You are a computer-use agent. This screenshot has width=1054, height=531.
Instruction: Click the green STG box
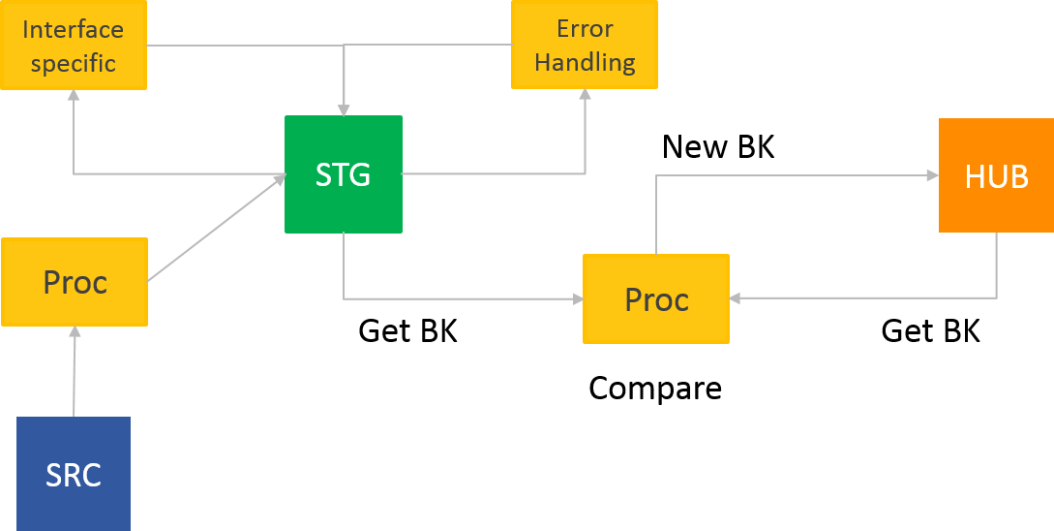tap(344, 174)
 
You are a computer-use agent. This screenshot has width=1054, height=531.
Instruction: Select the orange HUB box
tap(996, 175)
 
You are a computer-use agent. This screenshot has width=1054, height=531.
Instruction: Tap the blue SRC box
tap(74, 474)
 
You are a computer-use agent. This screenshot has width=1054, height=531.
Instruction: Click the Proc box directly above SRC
tap(75, 282)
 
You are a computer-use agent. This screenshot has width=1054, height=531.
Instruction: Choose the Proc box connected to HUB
tap(656, 298)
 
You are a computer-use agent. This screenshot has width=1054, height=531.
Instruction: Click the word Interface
tap(74, 29)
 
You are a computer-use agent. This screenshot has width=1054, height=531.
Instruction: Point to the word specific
tap(74, 64)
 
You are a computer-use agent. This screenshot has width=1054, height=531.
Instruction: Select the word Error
tap(585, 28)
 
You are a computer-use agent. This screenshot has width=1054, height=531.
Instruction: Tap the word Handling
tap(585, 63)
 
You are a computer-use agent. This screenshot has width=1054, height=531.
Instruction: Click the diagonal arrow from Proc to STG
tap(215, 229)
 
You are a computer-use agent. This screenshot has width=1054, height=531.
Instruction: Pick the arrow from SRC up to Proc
tap(74, 373)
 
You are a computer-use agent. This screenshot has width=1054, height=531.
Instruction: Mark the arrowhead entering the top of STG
tap(344, 109)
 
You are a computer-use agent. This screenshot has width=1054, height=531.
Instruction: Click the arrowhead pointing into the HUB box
tap(932, 175)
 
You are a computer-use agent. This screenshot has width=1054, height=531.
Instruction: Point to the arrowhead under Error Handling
tap(585, 95)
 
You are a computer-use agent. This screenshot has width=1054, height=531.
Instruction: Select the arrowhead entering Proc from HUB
tap(736, 298)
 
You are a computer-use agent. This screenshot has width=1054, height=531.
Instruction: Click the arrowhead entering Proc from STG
tap(577, 298)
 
